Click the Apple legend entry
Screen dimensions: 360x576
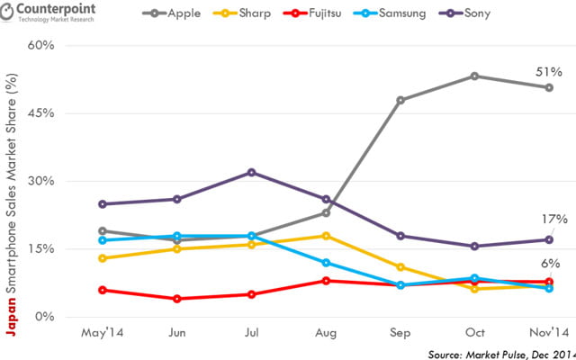point(175,15)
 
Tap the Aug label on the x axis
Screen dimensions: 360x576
point(326,331)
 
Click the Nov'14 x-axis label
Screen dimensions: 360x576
point(548,331)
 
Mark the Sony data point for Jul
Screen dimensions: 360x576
point(251,172)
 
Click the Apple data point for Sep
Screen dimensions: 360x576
point(400,100)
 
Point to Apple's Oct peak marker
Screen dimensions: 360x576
point(474,76)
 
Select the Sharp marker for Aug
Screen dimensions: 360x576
point(326,236)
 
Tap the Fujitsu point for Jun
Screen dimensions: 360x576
point(177,299)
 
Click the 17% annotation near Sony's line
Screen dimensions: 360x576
point(553,219)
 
